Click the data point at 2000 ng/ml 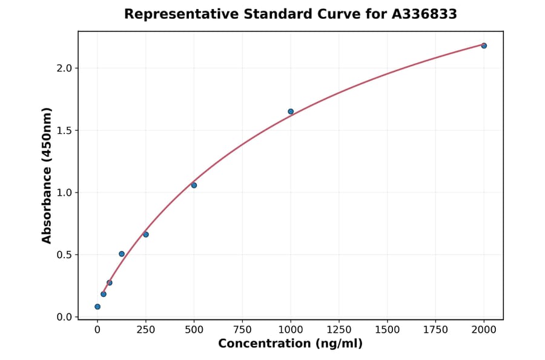pos(484,45)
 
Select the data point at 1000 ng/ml pos(291,112)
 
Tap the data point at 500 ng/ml pos(194,185)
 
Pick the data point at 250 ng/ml pos(146,235)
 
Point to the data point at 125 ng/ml pos(122,254)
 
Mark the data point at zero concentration pos(97,307)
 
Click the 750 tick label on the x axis pos(242,330)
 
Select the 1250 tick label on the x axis pos(339,330)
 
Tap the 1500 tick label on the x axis pos(388,330)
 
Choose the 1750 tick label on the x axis pos(435,330)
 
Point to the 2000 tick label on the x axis pos(484,330)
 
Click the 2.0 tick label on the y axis pos(64,68)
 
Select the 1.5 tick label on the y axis pos(64,130)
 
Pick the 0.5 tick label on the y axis pos(64,255)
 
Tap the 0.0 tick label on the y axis pos(64,317)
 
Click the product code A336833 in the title pos(423,14)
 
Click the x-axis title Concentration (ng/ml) pos(290,344)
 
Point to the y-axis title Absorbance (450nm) pos(47,175)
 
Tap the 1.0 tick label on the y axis pos(64,193)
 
